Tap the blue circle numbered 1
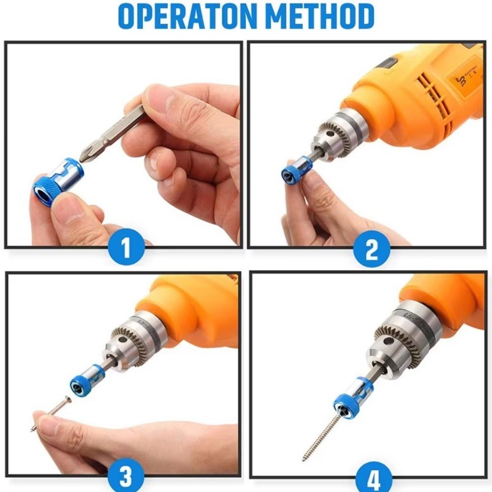[x=126, y=247]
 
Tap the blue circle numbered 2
[x=372, y=249]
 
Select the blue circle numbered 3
[x=126, y=475]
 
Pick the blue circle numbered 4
[x=374, y=477]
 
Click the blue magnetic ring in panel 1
[x=58, y=181]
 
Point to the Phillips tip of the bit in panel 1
[x=84, y=156]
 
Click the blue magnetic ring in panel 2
[x=296, y=170]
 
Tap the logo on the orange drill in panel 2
[x=464, y=80]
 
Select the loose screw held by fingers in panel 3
[x=51, y=414]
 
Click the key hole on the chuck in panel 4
[x=389, y=341]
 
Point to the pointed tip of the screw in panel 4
[x=303, y=460]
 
